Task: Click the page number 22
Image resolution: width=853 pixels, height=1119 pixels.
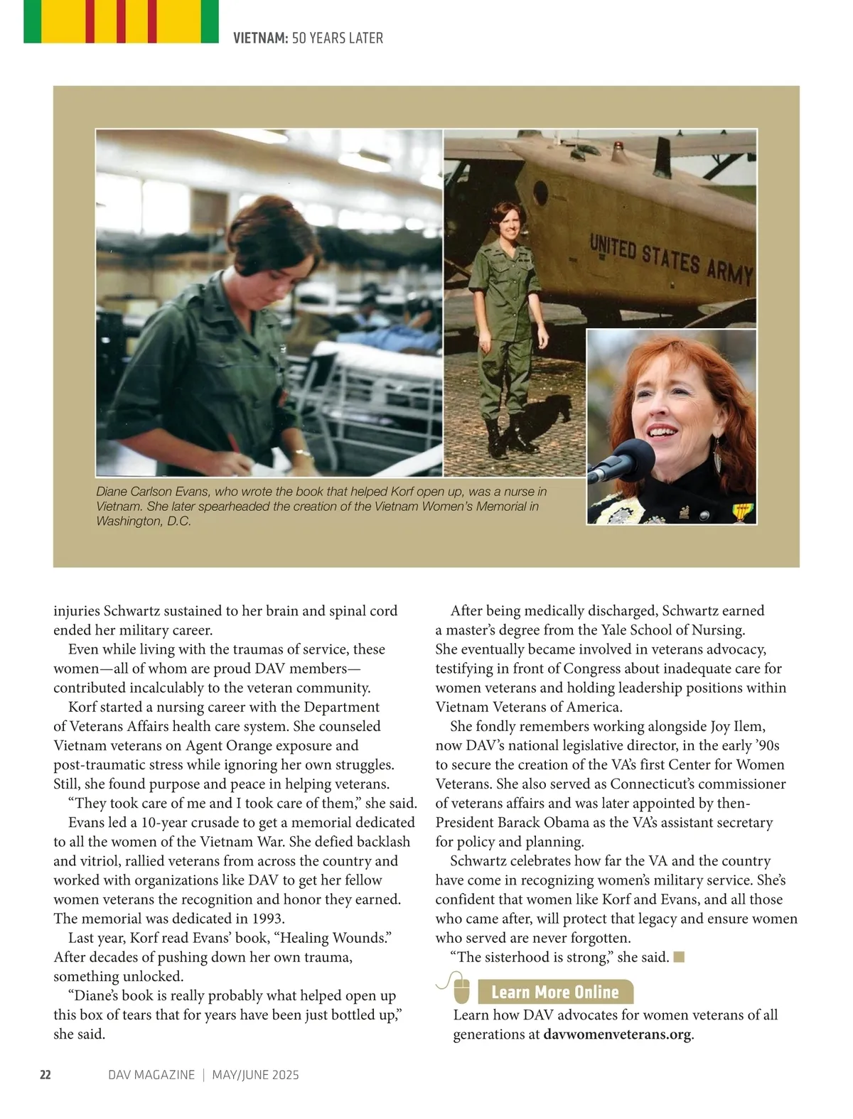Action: (45, 1075)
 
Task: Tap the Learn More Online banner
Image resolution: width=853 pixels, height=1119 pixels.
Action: (555, 992)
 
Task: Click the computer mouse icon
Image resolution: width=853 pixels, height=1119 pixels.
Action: (461, 989)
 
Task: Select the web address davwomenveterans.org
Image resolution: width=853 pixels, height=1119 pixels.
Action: (617, 1034)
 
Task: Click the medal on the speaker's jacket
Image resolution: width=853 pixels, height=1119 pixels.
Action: (744, 511)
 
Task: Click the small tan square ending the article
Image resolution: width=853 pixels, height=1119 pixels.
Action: (679, 957)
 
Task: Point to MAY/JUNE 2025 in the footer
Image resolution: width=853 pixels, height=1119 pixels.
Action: (255, 1075)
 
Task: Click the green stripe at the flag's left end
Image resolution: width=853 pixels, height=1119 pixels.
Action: (32, 21)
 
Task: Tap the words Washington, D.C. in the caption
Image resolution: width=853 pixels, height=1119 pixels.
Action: (144, 521)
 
